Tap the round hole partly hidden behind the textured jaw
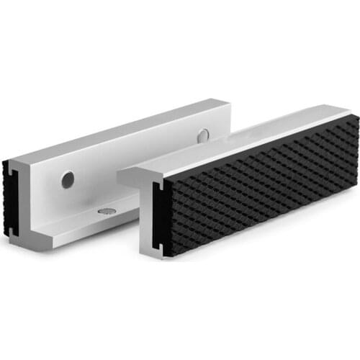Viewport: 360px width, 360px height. [x=204, y=134]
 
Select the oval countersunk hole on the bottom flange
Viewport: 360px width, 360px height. [x=107, y=212]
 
